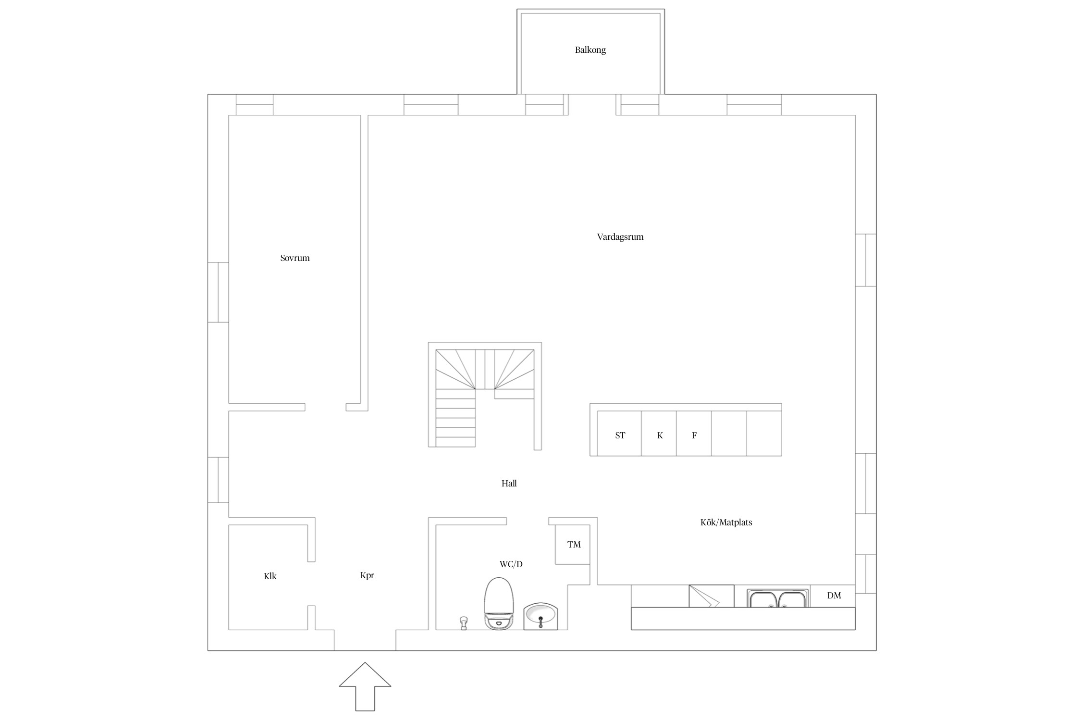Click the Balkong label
(x=590, y=50)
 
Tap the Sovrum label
(x=295, y=258)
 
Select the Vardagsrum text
(x=620, y=237)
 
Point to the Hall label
(x=509, y=484)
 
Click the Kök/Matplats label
(x=726, y=522)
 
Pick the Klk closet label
(x=270, y=576)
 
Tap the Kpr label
(x=367, y=575)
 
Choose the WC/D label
(x=511, y=564)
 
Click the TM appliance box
(x=573, y=545)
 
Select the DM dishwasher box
(x=833, y=596)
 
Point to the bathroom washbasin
(x=540, y=617)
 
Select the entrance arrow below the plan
(x=365, y=686)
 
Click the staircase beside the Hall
(x=485, y=395)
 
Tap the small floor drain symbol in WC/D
(x=464, y=623)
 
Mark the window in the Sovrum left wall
(x=218, y=292)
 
